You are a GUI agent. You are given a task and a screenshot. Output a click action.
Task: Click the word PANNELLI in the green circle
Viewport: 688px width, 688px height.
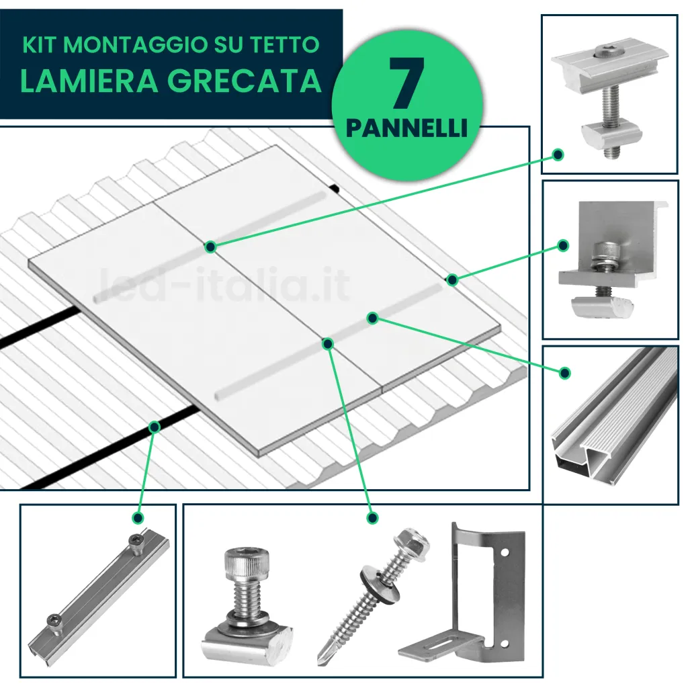406,128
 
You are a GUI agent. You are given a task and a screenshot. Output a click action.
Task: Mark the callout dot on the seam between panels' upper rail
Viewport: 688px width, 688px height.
211,247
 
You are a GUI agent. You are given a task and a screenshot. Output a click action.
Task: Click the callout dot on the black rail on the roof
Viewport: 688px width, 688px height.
155,426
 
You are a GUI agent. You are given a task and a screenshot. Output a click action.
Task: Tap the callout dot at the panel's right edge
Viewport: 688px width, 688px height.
452,279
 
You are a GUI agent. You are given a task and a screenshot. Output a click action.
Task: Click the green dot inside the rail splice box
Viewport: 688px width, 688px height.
138,518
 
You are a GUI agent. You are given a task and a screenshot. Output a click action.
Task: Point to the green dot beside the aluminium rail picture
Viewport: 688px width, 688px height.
565,372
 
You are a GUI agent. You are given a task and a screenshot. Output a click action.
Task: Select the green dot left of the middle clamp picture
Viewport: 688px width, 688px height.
557,155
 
